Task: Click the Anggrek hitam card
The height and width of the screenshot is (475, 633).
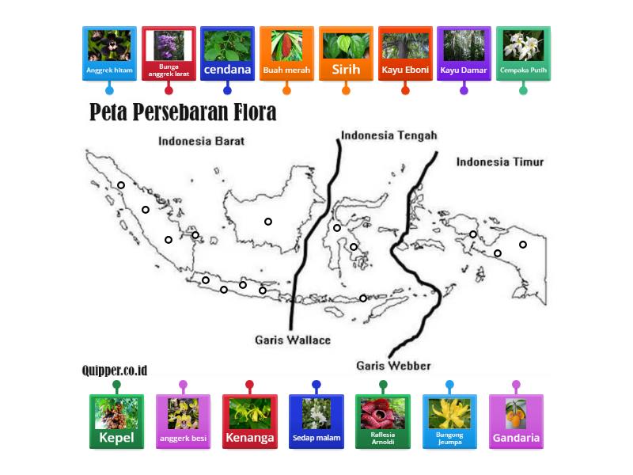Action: pyautogui.click(x=109, y=54)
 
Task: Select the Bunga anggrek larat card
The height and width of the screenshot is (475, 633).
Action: pyautogui.click(x=169, y=54)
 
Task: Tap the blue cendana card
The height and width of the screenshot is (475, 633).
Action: pyautogui.click(x=227, y=54)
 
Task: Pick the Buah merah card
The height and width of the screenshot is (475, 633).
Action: pyautogui.click(x=286, y=54)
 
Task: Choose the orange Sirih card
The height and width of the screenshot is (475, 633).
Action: pyautogui.click(x=346, y=54)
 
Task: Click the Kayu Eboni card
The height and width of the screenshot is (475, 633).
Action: pyautogui.click(x=405, y=54)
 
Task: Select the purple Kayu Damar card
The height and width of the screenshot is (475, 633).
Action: pyautogui.click(x=464, y=54)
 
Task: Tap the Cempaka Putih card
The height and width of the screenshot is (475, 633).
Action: pyautogui.click(x=523, y=54)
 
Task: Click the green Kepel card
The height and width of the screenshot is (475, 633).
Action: pyautogui.click(x=116, y=421)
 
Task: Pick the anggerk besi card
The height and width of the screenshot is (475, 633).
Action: pyautogui.click(x=183, y=421)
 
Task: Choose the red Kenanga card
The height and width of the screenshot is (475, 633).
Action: pyautogui.click(x=249, y=421)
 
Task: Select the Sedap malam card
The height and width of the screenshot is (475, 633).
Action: pyautogui.click(x=316, y=421)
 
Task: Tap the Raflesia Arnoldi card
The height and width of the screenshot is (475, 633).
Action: pyautogui.click(x=383, y=421)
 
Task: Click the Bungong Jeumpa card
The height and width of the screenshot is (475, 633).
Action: pyautogui.click(x=449, y=421)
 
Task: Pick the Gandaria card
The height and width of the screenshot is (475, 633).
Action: pyautogui.click(x=516, y=421)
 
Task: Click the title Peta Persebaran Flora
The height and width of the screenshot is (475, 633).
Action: pyautogui.click(x=183, y=112)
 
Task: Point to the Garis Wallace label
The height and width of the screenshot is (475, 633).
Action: pyautogui.click(x=293, y=340)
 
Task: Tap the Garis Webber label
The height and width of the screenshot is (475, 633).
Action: pyautogui.click(x=393, y=366)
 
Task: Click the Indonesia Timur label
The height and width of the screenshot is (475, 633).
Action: pyautogui.click(x=500, y=161)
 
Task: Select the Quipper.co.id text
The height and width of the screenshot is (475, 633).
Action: pyautogui.click(x=114, y=370)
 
